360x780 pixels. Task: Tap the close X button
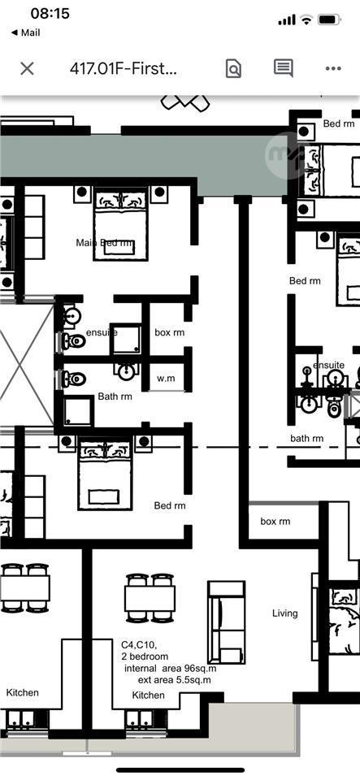point(27,68)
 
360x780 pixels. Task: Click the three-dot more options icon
point(332,68)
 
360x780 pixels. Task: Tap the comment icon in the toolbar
point(283,68)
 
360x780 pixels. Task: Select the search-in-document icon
point(233,68)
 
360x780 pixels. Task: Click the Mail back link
point(25,32)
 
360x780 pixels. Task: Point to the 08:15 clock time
point(50,14)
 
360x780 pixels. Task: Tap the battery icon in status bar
point(329,19)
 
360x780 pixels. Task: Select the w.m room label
point(166,379)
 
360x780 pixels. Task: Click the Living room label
point(284,613)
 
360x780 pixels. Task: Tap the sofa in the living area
point(226,622)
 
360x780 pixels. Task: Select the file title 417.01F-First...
point(124,68)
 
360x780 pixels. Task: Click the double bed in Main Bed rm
point(120,223)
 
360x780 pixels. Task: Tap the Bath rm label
point(115,396)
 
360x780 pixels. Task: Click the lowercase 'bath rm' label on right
point(307,439)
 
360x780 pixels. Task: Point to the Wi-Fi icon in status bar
point(306,19)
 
